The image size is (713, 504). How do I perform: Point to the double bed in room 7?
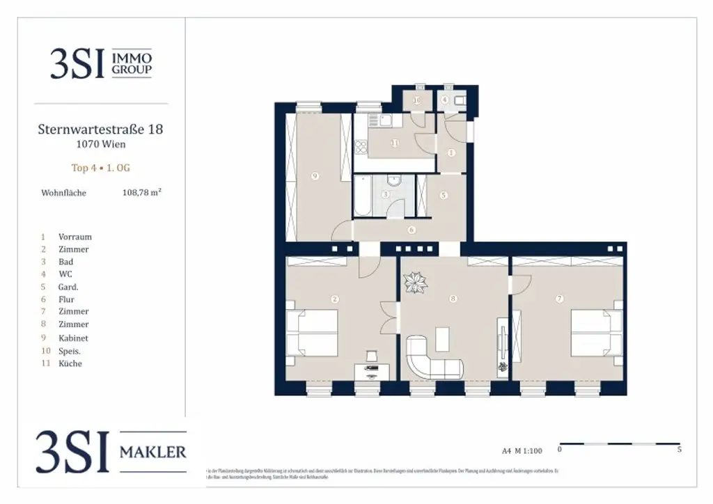click(x=596, y=332)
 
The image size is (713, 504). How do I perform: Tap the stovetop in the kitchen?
click(x=361, y=147)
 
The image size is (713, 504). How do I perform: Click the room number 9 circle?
click(x=315, y=177)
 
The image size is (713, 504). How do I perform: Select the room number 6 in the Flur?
click(x=412, y=230)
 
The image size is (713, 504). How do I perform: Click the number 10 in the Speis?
click(x=417, y=100)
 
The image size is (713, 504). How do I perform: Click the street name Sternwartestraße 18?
click(x=100, y=129)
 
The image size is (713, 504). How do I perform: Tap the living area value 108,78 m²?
click(x=141, y=193)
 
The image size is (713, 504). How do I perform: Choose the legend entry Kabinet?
click(x=73, y=338)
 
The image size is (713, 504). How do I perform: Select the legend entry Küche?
click(x=70, y=363)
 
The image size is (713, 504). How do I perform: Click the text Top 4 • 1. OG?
click(x=100, y=168)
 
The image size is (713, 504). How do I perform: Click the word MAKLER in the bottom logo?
click(x=153, y=452)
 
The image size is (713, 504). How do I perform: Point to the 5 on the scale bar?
click(x=679, y=450)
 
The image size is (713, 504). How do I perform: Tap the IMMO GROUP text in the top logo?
click(x=132, y=63)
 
